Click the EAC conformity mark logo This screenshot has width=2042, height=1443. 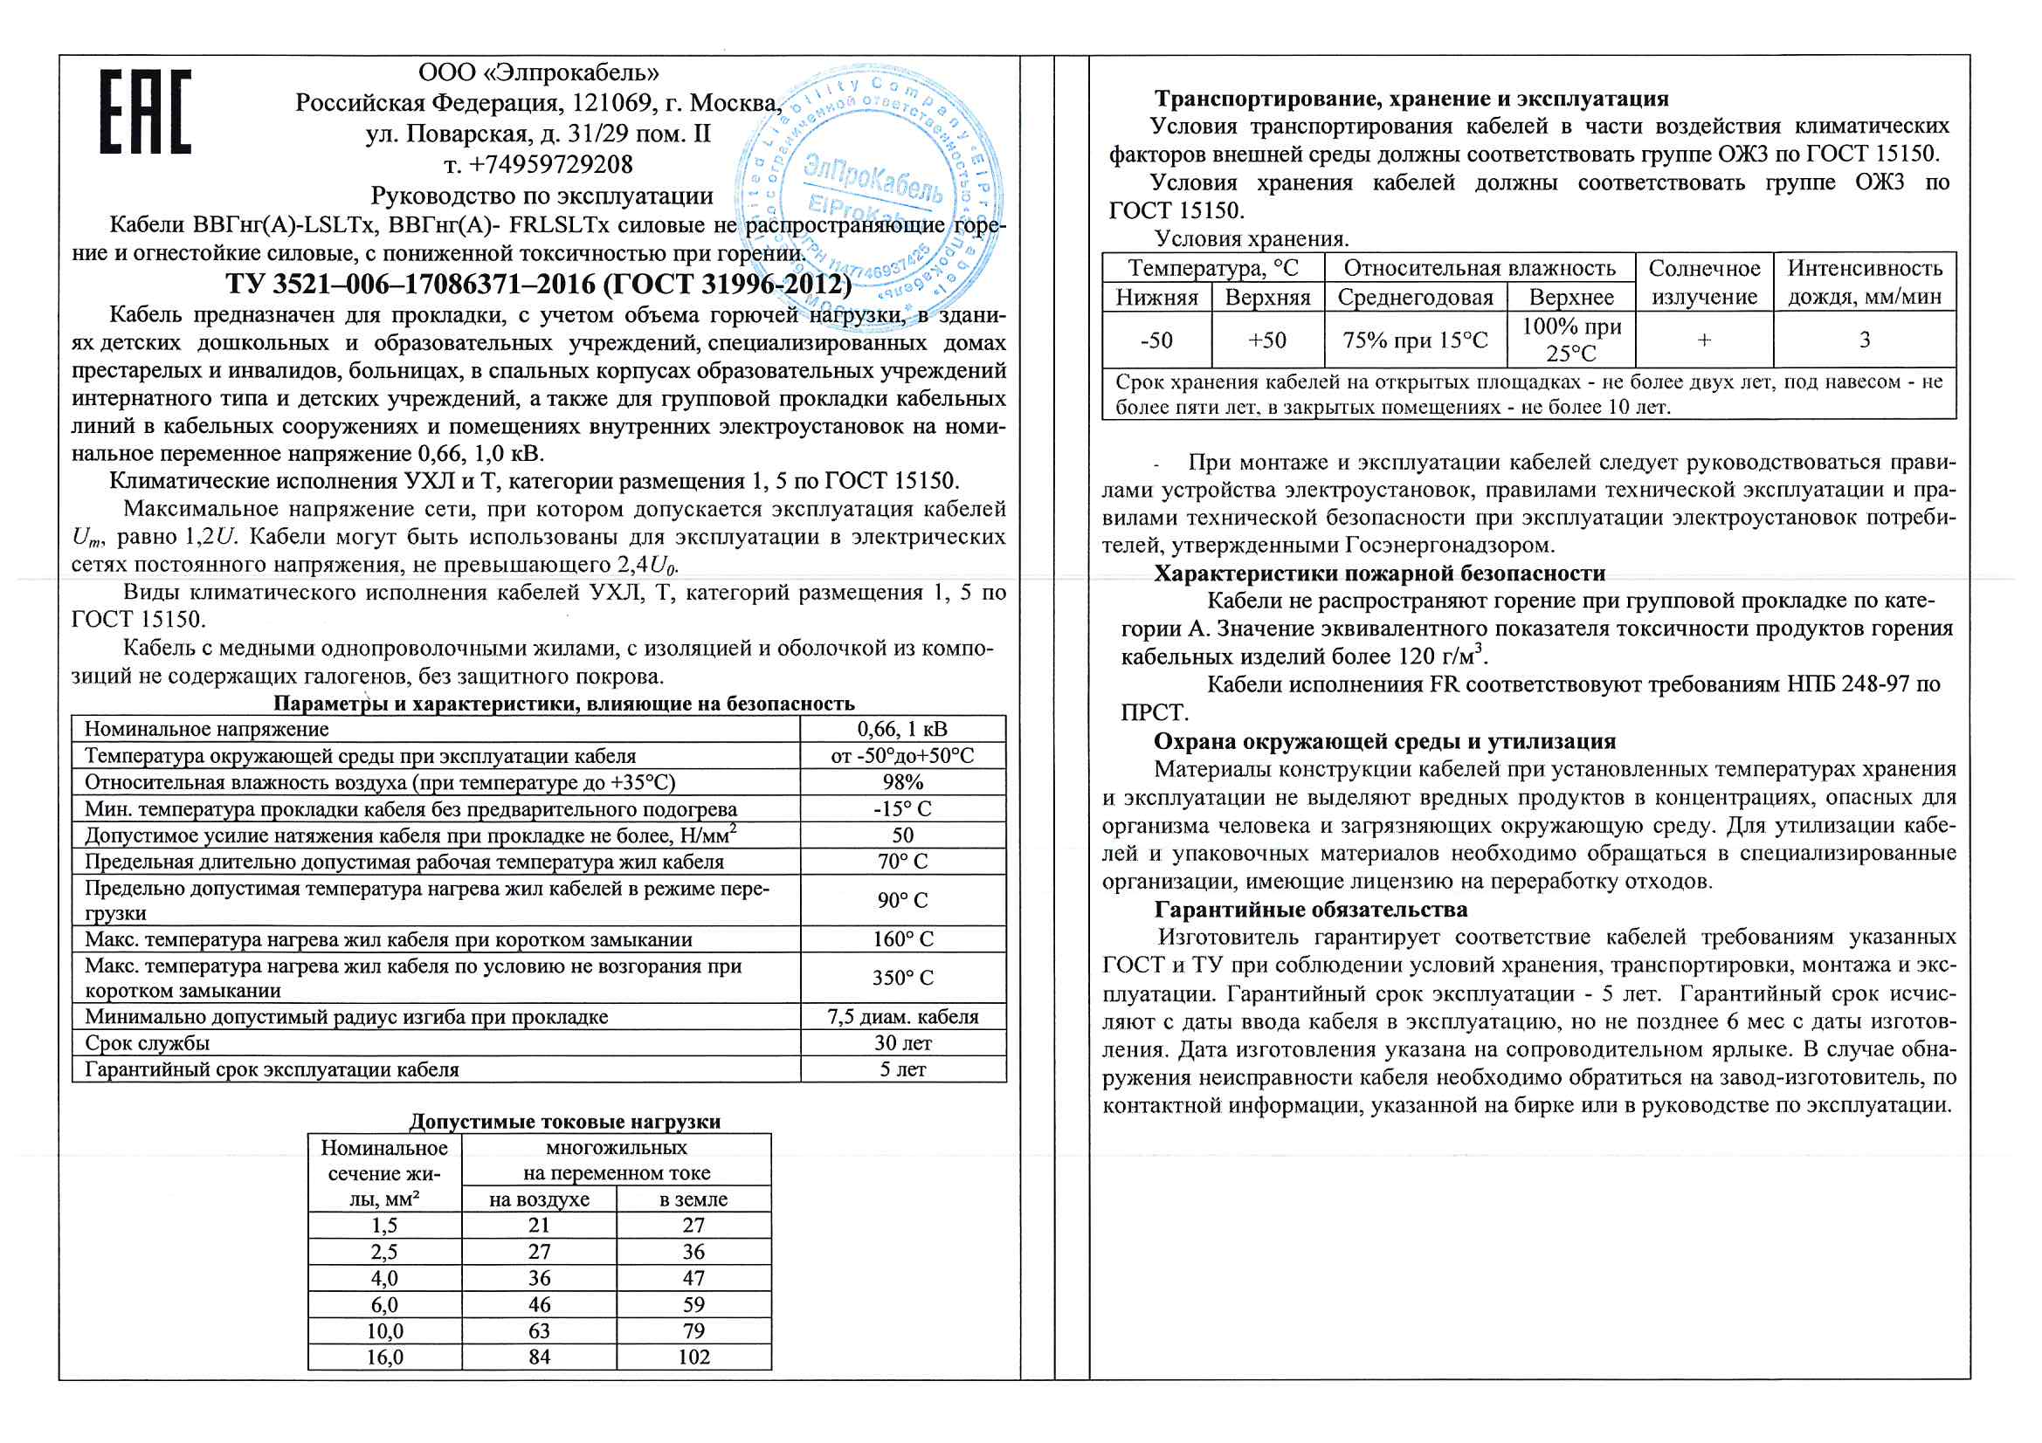coord(145,112)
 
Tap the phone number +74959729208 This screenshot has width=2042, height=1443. coord(538,164)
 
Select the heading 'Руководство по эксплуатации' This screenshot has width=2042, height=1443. coord(542,196)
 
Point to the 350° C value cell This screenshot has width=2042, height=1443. coord(902,978)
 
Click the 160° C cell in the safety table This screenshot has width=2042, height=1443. coord(902,939)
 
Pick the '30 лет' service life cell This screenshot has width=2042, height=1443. coord(902,1043)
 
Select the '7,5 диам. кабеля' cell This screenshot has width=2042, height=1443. coord(902,1017)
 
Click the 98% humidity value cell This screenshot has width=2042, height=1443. coord(902,782)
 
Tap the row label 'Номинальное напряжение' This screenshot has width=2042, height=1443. coord(206,730)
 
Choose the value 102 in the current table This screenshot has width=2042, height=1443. coord(693,1357)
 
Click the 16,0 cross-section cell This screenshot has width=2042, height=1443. coord(384,1357)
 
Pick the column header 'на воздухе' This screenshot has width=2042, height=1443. coord(539,1199)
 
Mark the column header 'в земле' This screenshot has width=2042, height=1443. coord(693,1199)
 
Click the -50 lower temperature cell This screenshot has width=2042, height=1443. coord(1156,340)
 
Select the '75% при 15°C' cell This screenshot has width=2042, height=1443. coord(1415,340)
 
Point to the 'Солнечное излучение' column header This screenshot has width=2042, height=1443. coord(1704,283)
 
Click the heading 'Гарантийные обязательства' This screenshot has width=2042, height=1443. coord(1311,910)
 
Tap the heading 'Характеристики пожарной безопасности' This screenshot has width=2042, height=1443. coord(1379,574)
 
